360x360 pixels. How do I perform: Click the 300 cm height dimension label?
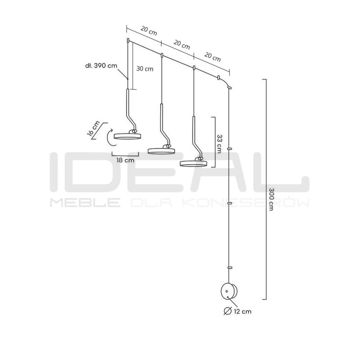(271, 199)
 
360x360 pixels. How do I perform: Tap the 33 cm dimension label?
(219, 144)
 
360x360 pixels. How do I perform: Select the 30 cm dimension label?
(145, 69)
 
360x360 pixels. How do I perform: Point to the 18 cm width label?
(126, 160)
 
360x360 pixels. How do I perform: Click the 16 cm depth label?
(94, 129)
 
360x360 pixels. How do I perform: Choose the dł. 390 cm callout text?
(101, 66)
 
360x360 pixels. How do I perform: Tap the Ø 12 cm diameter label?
(238, 311)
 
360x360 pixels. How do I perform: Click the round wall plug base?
(229, 291)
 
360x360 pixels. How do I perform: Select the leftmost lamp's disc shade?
(127, 136)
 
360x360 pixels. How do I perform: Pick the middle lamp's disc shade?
(161, 151)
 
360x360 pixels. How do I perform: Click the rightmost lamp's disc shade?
(193, 163)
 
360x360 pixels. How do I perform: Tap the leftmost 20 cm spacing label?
(149, 31)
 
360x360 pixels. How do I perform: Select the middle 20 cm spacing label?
(182, 45)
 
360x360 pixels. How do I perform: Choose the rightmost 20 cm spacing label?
(212, 57)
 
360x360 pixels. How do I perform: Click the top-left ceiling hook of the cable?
(128, 41)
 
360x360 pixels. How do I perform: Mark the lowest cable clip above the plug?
(229, 267)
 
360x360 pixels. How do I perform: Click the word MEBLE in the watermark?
(85, 202)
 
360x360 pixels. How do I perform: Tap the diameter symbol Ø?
(228, 311)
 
